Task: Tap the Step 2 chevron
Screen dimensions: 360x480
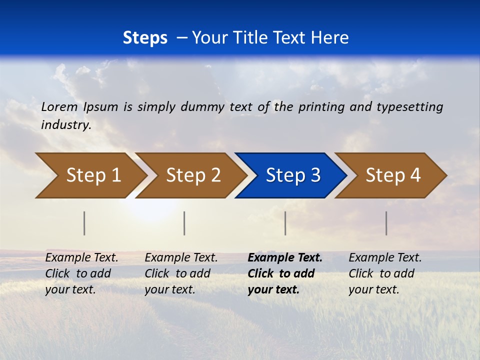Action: pos(192,175)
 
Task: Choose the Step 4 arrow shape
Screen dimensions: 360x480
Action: pos(392,175)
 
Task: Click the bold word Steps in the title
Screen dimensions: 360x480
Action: pos(145,37)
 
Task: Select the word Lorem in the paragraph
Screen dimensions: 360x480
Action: pos(59,106)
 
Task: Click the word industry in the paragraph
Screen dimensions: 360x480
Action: pos(65,124)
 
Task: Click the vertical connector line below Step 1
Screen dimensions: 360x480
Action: pos(84,223)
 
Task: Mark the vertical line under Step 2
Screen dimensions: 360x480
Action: pos(184,223)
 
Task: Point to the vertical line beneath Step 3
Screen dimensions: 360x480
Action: pos(285,223)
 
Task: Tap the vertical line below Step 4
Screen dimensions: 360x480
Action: pos(386,223)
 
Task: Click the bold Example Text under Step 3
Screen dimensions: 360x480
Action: pos(285,258)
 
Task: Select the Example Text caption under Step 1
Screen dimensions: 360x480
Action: pos(81,258)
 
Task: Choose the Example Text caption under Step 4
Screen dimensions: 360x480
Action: pos(385,258)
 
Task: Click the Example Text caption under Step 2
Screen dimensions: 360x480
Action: pos(181,258)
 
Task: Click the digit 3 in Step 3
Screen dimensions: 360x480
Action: pos(315,175)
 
